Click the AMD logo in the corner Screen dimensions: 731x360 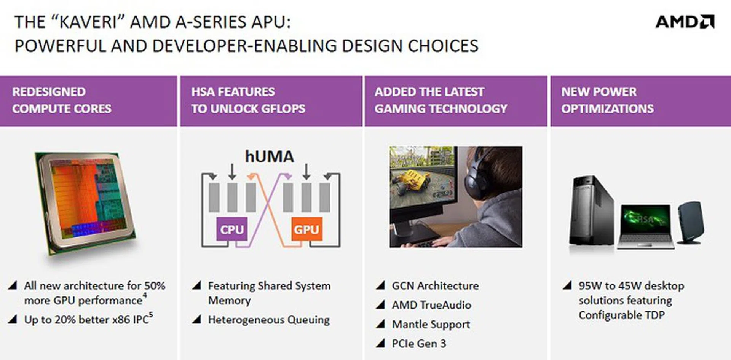click(685, 22)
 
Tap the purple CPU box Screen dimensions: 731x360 click(232, 229)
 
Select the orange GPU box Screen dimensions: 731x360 click(306, 229)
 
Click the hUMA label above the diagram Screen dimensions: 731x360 click(270, 156)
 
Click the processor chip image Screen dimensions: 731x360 click(85, 204)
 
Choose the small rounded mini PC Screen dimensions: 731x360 click(690, 223)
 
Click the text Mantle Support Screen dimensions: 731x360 click(431, 324)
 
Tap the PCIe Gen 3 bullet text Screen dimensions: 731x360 click(419, 343)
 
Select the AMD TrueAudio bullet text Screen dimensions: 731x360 click(432, 305)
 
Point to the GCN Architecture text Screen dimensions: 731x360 click(435, 285)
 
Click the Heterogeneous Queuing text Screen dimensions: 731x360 click(269, 320)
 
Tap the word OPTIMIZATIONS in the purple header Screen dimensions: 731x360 click(607, 108)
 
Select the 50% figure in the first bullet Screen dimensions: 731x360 click(155, 285)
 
